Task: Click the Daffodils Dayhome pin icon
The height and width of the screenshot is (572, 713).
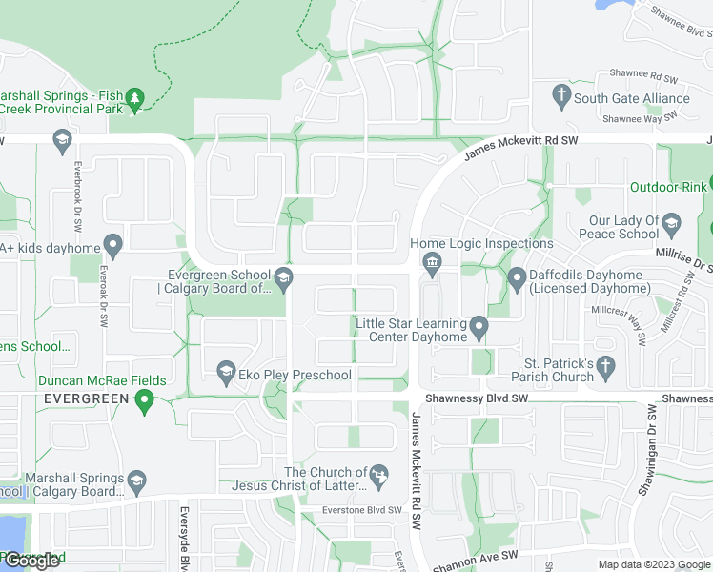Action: click(518, 278)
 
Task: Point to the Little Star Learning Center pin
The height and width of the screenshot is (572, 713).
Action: click(479, 329)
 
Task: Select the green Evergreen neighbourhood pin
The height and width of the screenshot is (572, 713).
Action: click(145, 401)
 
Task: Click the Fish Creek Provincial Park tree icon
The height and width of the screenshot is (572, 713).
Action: click(135, 98)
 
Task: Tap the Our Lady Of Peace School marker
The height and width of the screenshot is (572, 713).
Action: click(672, 227)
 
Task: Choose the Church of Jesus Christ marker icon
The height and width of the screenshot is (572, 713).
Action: click(379, 474)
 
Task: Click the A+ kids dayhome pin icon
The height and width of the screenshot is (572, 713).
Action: click(112, 247)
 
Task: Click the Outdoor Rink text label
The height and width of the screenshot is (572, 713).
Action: click(668, 187)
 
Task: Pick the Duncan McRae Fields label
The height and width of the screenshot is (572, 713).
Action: click(102, 380)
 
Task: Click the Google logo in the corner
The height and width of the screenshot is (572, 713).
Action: click(31, 561)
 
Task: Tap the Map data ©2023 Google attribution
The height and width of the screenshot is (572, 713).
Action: click(654, 564)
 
